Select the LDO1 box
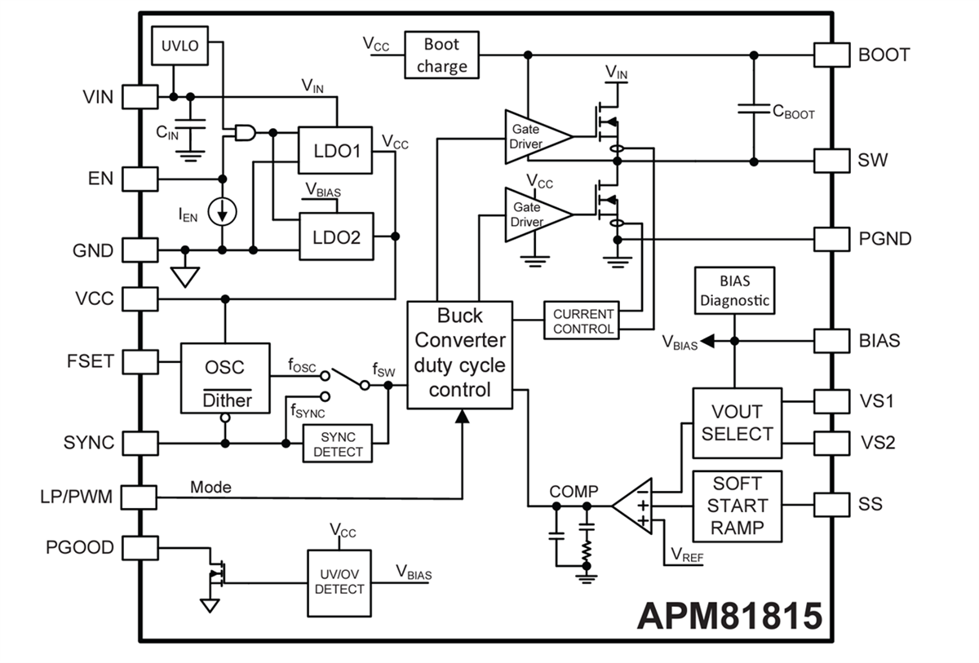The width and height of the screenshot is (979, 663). click(334, 150)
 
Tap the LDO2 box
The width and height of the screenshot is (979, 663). click(334, 236)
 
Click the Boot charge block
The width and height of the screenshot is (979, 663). click(441, 55)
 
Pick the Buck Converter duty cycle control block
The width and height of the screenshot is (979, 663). click(460, 353)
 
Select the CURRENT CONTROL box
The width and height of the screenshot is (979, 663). click(583, 320)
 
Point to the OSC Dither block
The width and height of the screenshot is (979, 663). click(224, 378)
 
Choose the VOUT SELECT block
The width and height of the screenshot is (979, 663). click(737, 423)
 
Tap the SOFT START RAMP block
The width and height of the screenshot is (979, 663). click(737, 506)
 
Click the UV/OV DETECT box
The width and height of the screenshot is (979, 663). click(339, 581)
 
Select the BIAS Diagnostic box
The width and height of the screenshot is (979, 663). click(733, 291)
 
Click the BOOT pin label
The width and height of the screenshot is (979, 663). click(884, 55)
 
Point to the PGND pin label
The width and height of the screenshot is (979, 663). click(884, 239)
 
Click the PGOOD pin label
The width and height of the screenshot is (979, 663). click(79, 546)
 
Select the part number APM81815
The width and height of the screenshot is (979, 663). click(729, 616)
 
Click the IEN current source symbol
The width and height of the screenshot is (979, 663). click(222, 212)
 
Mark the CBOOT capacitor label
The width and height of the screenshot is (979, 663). click(793, 113)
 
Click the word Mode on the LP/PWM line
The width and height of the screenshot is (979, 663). click(210, 487)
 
